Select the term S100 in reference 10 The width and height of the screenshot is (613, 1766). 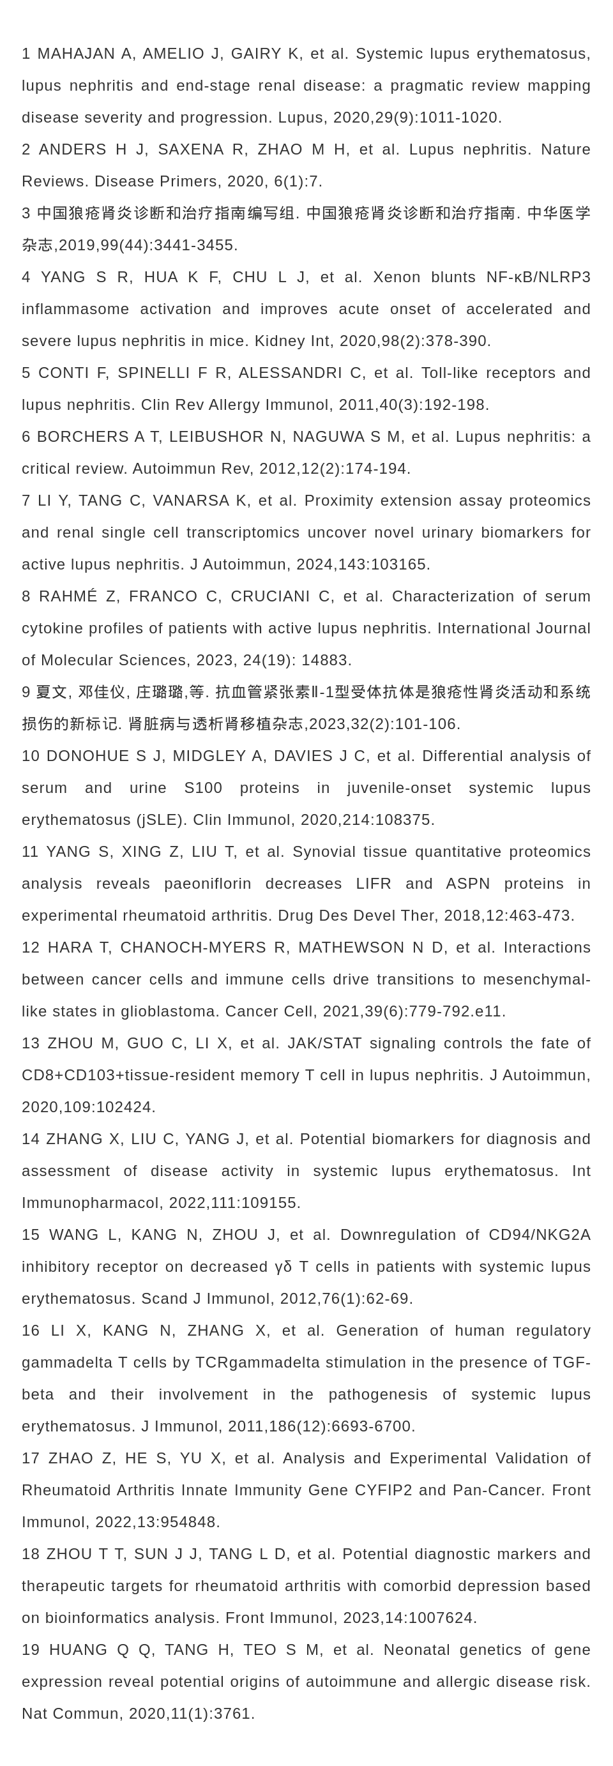click(203, 789)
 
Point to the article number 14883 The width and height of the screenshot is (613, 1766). click(326, 661)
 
